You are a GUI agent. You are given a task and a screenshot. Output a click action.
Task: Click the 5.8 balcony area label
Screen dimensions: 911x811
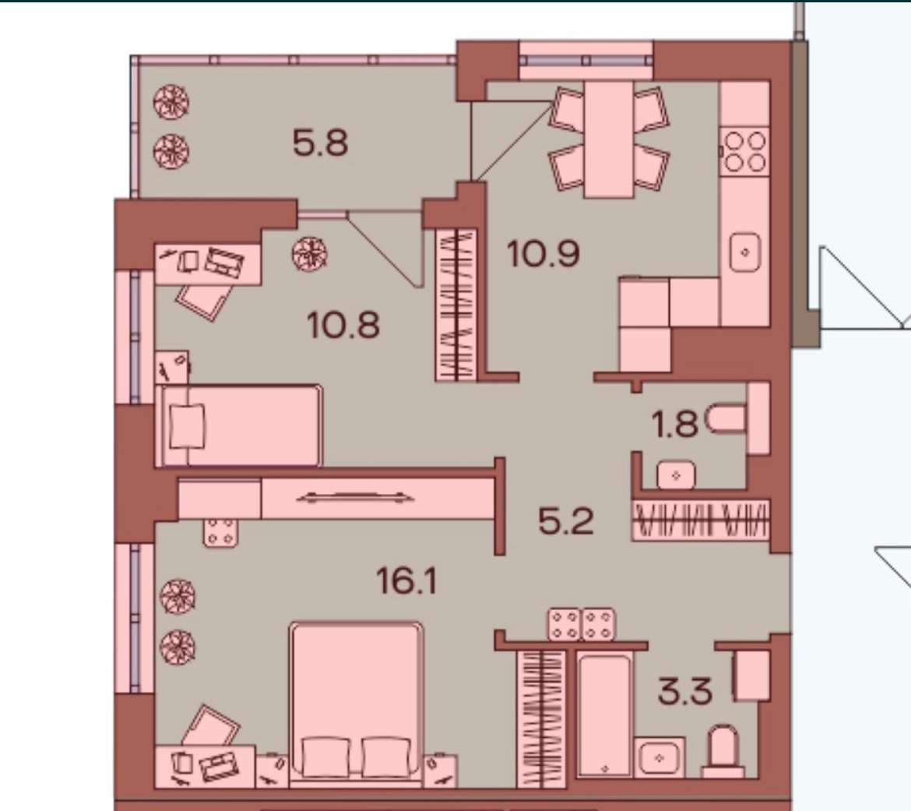pos(320,143)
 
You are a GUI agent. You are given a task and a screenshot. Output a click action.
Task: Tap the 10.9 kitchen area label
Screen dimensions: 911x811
pos(543,254)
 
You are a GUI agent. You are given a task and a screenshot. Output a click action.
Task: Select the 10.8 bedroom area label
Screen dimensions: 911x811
pos(343,325)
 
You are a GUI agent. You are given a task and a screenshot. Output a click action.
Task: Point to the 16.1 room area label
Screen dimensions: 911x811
pos(406,580)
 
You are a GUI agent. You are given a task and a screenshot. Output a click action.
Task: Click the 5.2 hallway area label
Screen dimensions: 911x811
pos(566,521)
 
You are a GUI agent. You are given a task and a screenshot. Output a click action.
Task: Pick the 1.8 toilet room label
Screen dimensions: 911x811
pos(675,424)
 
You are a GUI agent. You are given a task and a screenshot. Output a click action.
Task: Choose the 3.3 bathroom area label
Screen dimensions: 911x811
pos(685,691)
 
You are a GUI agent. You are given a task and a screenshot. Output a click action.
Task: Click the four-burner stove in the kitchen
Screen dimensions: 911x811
pos(745,151)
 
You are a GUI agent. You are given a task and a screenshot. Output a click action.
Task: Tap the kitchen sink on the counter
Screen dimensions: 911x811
pos(745,252)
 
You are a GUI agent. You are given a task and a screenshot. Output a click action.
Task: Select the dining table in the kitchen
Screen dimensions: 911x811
pos(609,139)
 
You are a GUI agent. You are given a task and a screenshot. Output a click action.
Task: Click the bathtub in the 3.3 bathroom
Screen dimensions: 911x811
pos(605,715)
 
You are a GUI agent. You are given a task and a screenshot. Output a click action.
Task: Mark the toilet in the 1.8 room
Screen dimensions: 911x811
pos(726,419)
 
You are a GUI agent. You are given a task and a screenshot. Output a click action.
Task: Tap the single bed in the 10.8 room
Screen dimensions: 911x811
pos(239,425)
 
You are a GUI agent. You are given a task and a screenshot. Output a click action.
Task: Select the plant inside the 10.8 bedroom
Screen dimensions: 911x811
pos(310,254)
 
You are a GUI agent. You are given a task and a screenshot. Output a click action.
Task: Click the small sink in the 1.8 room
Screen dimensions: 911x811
pos(676,475)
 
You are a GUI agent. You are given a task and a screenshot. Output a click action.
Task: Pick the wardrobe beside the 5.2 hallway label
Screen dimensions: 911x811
pos(701,519)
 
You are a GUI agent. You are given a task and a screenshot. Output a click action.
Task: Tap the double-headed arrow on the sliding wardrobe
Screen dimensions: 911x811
pos(355,497)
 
